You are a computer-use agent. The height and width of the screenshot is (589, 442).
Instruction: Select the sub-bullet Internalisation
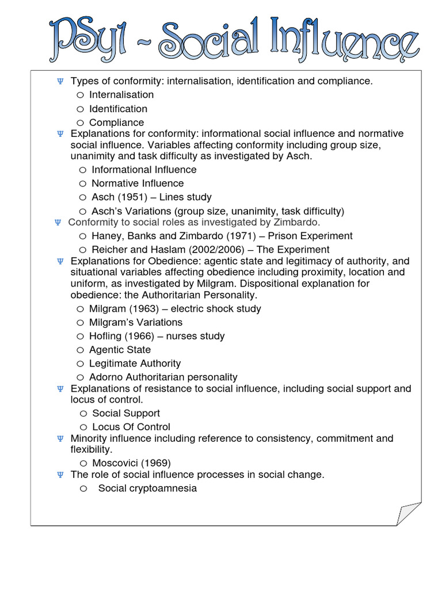[121, 95]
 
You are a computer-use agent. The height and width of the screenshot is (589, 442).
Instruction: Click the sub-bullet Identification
[118, 109]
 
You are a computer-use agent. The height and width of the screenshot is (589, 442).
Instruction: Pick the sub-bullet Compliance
[116, 123]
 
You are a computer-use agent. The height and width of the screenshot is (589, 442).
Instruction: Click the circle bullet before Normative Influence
[83, 183]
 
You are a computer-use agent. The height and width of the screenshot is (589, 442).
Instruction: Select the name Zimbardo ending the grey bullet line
[299, 222]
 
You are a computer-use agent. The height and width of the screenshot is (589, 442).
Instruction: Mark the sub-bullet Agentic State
[120, 350]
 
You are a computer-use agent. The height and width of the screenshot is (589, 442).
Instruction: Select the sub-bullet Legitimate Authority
[135, 364]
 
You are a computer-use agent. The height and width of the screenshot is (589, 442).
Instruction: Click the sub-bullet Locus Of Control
[131, 427]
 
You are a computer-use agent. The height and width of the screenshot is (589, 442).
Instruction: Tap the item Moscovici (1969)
[131, 463]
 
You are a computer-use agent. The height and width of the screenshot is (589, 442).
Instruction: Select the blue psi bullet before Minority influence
[60, 439]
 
